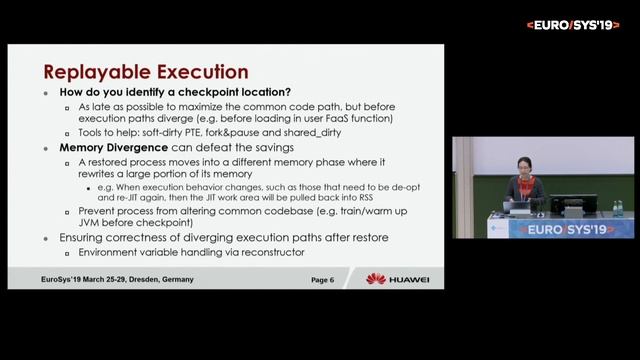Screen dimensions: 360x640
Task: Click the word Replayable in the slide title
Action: click(x=91, y=72)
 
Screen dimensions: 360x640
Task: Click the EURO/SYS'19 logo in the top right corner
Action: click(x=573, y=24)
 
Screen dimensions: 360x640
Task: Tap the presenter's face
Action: click(x=523, y=165)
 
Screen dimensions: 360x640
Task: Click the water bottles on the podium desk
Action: click(x=617, y=208)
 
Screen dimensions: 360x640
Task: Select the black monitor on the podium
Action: click(x=572, y=205)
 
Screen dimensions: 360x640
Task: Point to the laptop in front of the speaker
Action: click(x=521, y=207)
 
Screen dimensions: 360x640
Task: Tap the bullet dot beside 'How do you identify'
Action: click(x=46, y=92)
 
